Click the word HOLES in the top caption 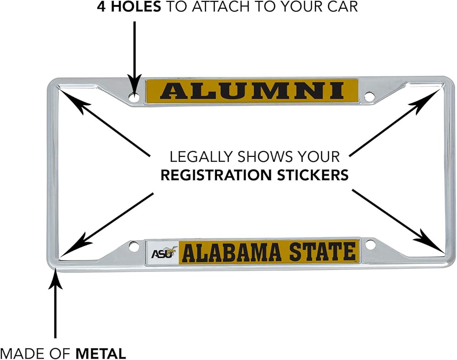(136, 6)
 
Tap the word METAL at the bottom (101, 354)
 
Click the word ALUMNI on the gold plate (252, 91)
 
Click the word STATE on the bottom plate (322, 252)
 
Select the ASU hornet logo (164, 253)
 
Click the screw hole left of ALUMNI (134, 97)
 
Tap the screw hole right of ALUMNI (369, 96)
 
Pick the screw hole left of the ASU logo (134, 246)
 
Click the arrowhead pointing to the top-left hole (134, 85)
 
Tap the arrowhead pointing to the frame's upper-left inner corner (74, 101)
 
